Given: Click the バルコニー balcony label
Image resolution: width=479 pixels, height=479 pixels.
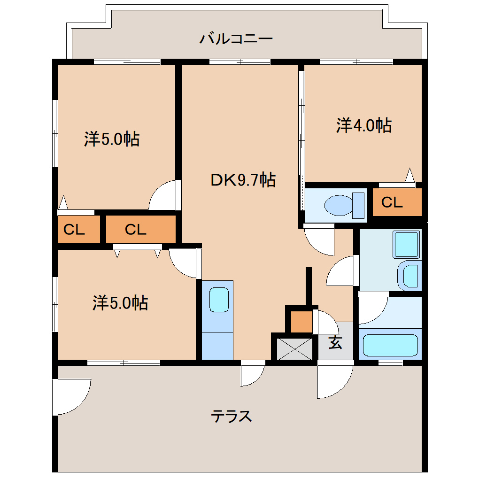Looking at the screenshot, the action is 236,39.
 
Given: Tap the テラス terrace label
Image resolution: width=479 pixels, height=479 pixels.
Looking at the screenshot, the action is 231,416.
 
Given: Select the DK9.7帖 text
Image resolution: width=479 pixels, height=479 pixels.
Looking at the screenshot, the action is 243,180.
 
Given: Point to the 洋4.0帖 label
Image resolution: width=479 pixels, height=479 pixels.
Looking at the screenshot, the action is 364,125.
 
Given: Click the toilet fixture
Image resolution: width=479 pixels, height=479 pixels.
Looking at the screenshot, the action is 344,205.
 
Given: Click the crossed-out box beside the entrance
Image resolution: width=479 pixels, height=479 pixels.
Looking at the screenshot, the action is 294,349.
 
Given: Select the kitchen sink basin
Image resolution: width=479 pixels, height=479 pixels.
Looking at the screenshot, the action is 219,300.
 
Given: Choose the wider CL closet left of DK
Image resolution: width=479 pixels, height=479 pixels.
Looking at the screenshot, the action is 141,230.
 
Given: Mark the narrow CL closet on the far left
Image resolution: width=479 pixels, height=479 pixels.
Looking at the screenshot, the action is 79,230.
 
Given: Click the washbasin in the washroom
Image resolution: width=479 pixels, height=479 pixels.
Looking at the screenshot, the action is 410,276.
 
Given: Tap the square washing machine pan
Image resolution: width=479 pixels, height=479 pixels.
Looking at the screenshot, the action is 407,245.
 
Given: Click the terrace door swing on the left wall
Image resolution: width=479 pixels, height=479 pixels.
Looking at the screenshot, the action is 73,396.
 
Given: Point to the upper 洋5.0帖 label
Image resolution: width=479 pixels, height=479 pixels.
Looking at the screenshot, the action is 112,139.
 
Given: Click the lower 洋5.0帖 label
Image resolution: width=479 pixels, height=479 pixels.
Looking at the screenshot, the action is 120,303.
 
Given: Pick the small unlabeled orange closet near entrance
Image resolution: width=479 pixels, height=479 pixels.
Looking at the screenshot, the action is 301,322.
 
